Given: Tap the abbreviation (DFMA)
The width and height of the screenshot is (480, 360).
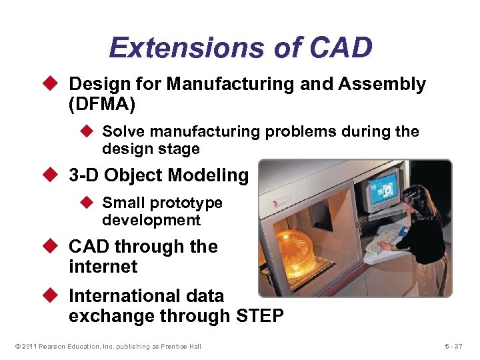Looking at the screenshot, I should [x=101, y=104].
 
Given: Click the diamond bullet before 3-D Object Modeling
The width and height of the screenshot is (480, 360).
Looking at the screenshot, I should [x=55, y=176].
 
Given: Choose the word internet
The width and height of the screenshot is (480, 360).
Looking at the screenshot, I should [x=103, y=267].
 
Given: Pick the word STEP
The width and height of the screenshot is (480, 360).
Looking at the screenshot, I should [x=259, y=316].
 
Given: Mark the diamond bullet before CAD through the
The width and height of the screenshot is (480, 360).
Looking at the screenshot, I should [x=55, y=247].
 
